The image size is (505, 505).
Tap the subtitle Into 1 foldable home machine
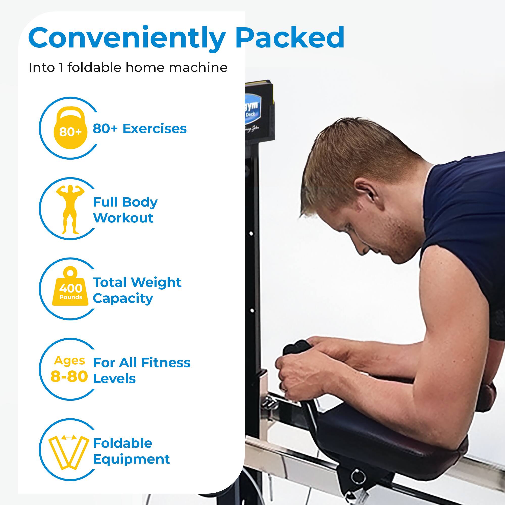[128, 68]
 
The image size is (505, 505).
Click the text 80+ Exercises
[140, 129]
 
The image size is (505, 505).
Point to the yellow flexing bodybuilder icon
[70, 209]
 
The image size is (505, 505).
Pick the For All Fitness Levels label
[141, 370]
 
